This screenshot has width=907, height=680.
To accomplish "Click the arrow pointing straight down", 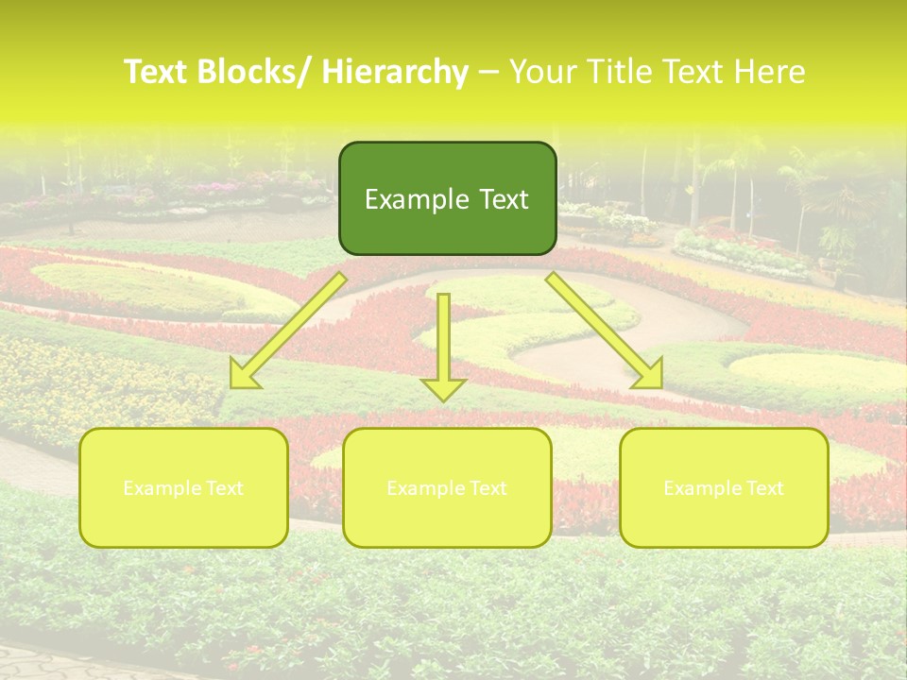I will coord(444,345).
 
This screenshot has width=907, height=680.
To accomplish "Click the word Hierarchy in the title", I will coord(395,73).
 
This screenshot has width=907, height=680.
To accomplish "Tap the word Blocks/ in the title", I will coord(257,73).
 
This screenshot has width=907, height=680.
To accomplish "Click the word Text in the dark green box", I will coord(502,199).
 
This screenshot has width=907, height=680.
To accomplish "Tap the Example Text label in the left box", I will coord(183,488).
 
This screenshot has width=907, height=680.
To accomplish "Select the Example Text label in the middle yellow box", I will coord(447,488).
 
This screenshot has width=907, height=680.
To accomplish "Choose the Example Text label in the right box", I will coord(724,488).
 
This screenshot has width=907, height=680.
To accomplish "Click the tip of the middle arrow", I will coord(444,399).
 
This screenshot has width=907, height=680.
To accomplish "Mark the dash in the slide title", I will coord(489,73).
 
